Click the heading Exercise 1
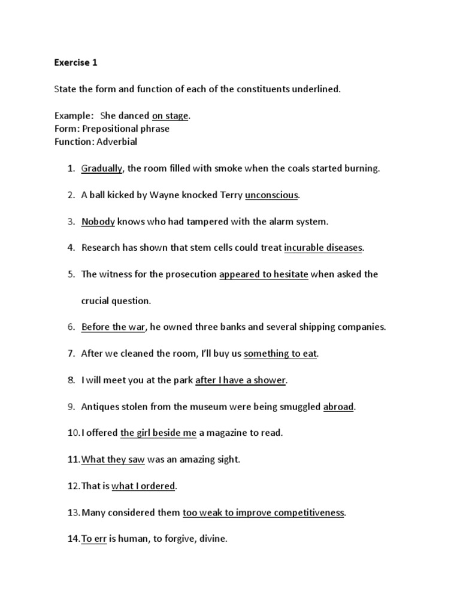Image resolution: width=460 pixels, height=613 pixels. pyautogui.click(x=75, y=62)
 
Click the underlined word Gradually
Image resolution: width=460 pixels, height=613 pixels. pyautogui.click(x=102, y=168)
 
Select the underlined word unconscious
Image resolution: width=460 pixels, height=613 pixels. pyautogui.click(x=271, y=195)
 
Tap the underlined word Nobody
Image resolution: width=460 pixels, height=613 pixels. pyautogui.click(x=98, y=221)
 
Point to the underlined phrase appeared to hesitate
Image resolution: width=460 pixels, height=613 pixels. pyautogui.click(x=264, y=274)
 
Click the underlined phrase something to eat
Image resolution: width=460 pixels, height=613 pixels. pyautogui.click(x=280, y=353)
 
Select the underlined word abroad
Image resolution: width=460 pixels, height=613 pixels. pyautogui.click(x=339, y=406)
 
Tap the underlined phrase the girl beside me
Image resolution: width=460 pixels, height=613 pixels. pyautogui.click(x=158, y=433)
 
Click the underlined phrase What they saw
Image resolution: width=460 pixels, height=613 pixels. pyautogui.click(x=113, y=459)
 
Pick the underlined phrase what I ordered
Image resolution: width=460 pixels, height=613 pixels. pyautogui.click(x=143, y=486)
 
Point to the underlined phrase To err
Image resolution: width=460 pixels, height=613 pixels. pyautogui.click(x=94, y=539)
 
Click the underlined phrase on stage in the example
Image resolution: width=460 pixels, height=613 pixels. pyautogui.click(x=170, y=116)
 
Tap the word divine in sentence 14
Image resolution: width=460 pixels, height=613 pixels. pyautogui.click(x=216, y=539)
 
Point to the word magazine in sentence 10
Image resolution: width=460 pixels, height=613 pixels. pyautogui.click(x=232, y=433)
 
